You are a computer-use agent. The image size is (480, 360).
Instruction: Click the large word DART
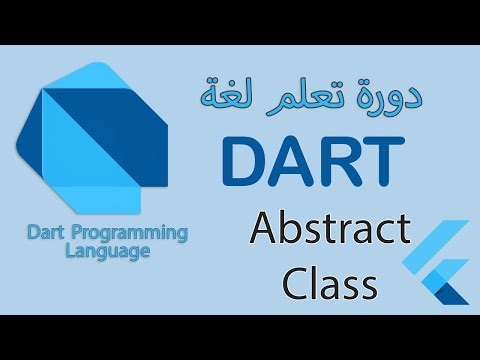(313, 163)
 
